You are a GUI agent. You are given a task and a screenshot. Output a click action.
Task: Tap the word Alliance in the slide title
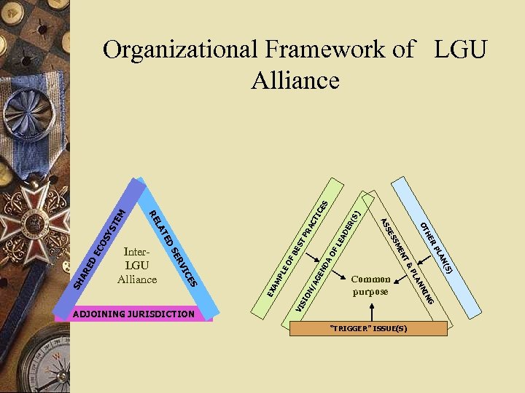pos(295,79)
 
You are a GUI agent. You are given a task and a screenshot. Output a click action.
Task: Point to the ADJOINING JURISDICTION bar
pos(134,314)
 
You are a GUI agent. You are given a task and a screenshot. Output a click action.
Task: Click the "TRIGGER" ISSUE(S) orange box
pos(368,328)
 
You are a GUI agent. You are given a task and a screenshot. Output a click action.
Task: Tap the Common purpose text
pos(370,285)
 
